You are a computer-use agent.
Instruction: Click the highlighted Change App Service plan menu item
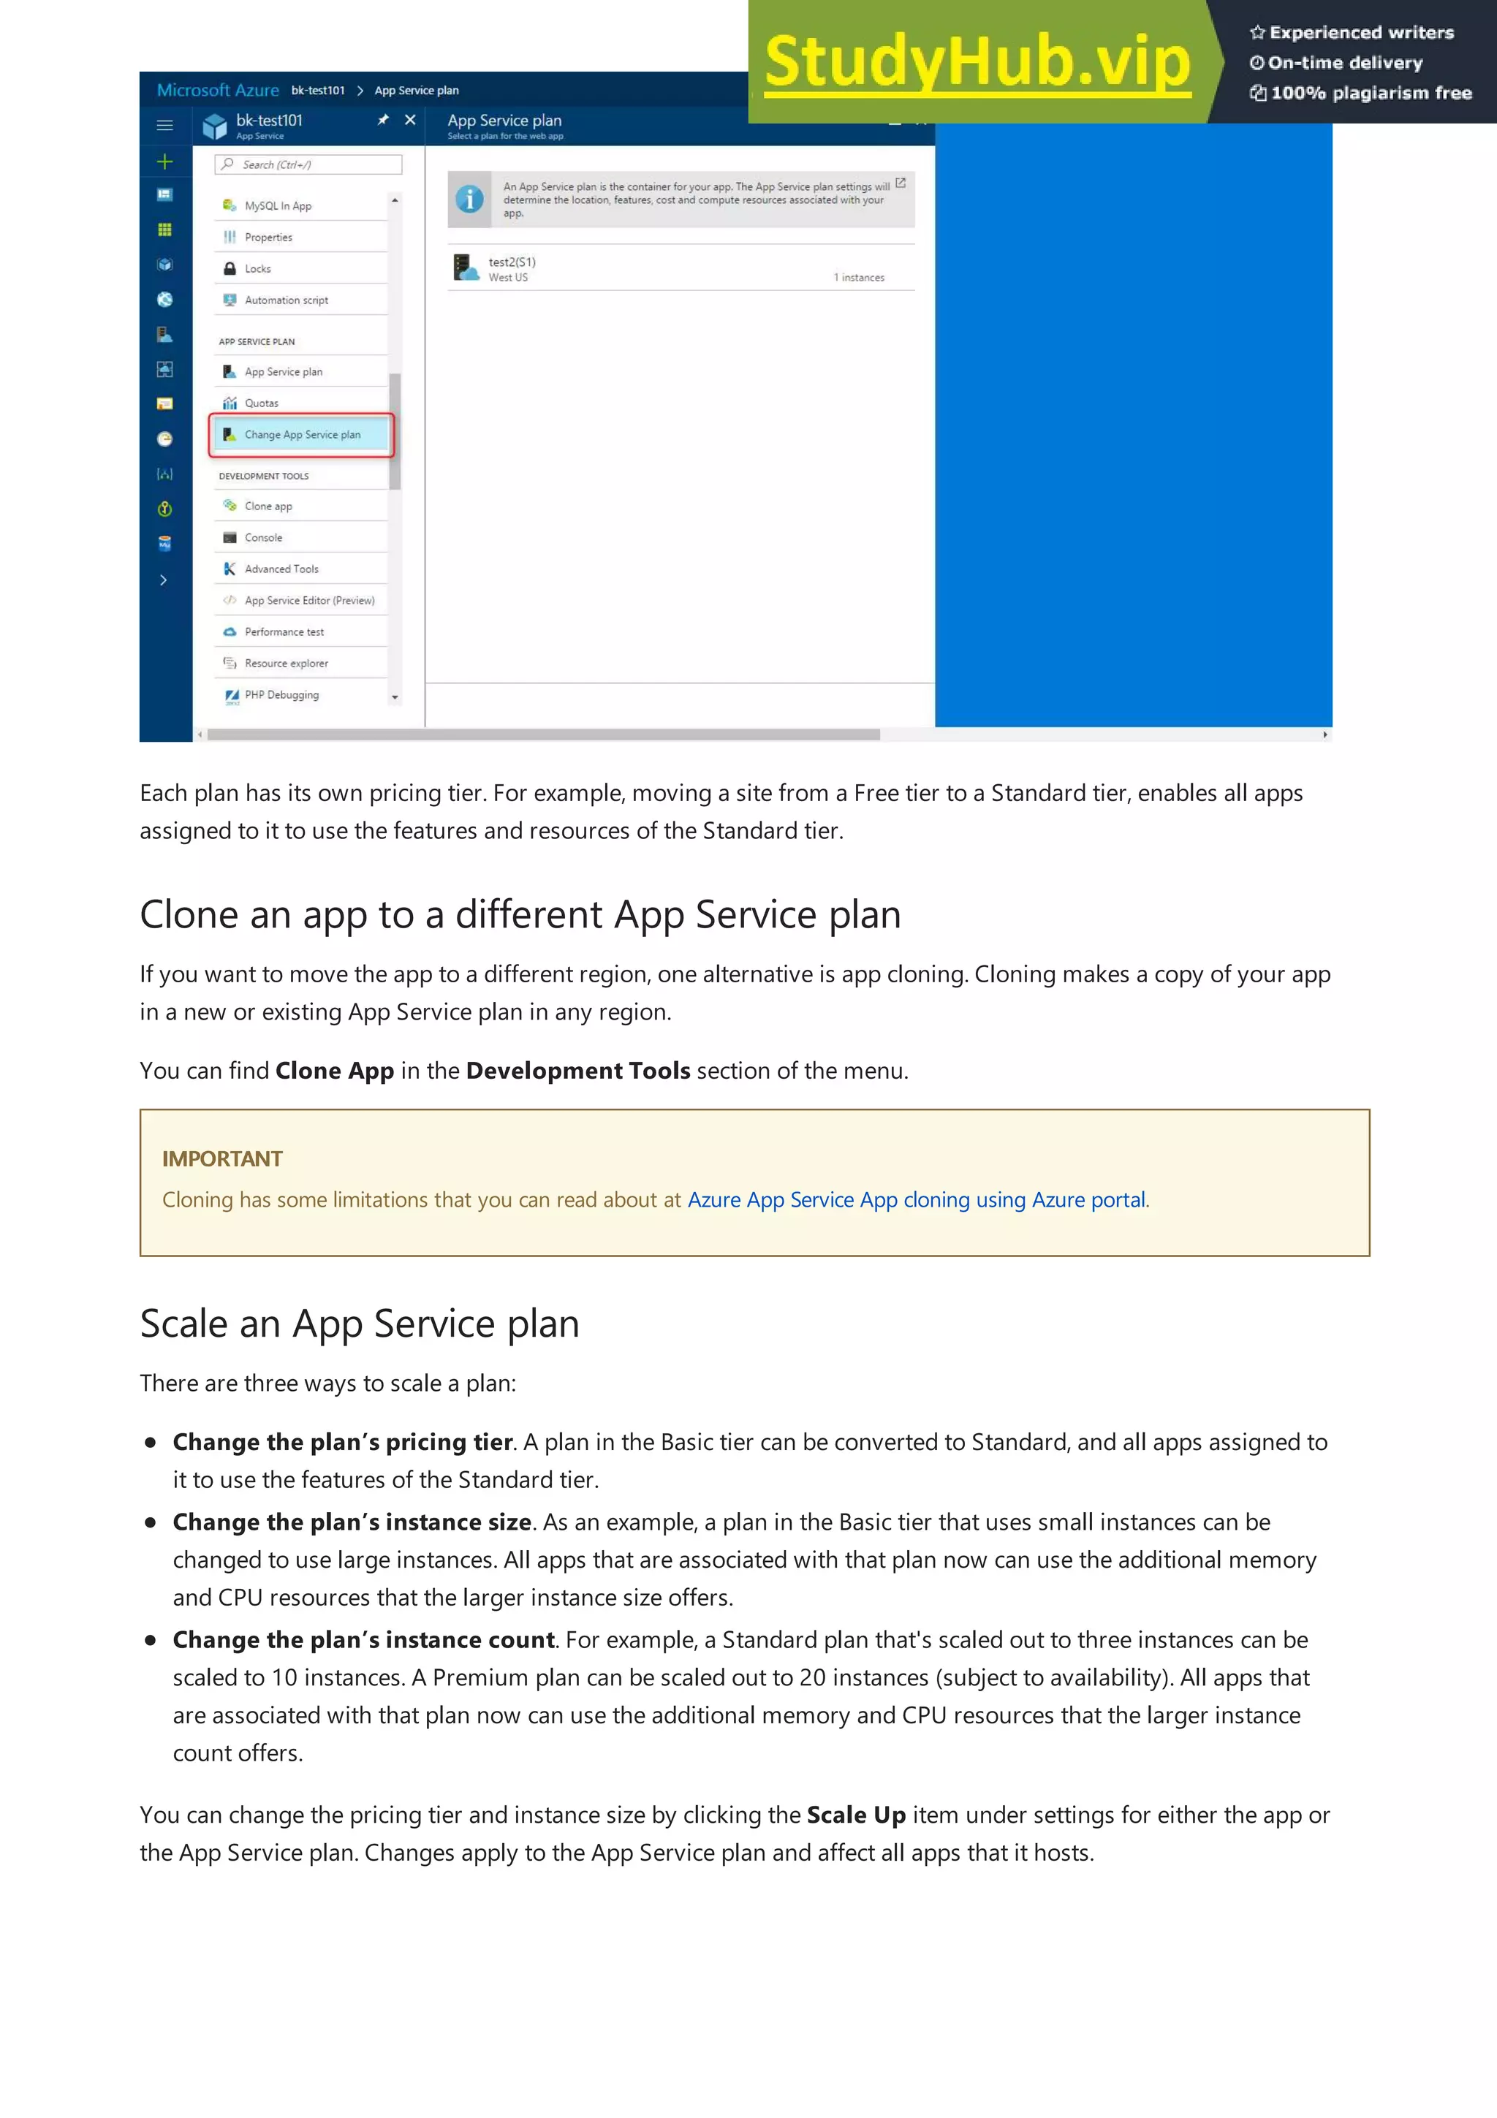302,434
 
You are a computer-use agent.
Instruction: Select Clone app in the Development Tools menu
268,506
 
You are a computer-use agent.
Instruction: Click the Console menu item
263,538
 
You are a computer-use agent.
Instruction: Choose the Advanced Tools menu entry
281,569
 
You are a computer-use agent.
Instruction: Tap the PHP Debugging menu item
281,694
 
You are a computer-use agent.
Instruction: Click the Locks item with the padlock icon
257,268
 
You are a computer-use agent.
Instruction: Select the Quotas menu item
261,403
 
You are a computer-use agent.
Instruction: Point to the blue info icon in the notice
469,200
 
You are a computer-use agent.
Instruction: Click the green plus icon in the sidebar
165,162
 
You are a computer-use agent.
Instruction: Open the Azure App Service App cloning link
916,1199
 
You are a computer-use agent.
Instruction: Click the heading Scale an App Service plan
360,1324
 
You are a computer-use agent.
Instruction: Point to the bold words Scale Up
855,1815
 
